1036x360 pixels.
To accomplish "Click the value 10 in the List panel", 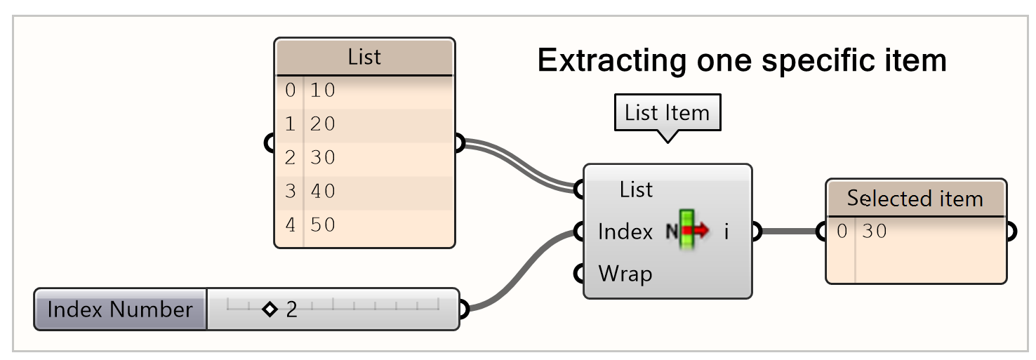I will coord(323,91).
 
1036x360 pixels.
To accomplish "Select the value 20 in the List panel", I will coord(323,124).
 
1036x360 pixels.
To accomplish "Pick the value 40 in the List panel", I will coord(323,191).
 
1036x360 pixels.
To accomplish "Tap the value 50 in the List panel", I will coord(323,225).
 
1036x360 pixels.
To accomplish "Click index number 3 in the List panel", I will coord(290,191).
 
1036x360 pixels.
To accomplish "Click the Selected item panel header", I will coord(915,199).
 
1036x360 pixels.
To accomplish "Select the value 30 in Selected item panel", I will coord(875,231).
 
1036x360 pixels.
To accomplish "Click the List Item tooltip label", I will coord(667,113).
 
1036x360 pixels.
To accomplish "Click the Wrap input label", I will coord(625,273).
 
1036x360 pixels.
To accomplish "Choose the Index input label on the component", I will coord(625,232).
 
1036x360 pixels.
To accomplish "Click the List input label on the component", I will coord(636,189).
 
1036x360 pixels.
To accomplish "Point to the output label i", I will coord(726,232).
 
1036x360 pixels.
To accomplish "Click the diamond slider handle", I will coord(270,309).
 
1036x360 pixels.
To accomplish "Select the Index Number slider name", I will coord(120,309).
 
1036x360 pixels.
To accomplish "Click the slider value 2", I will coord(291,309).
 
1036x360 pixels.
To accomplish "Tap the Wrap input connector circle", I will coord(579,273).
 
